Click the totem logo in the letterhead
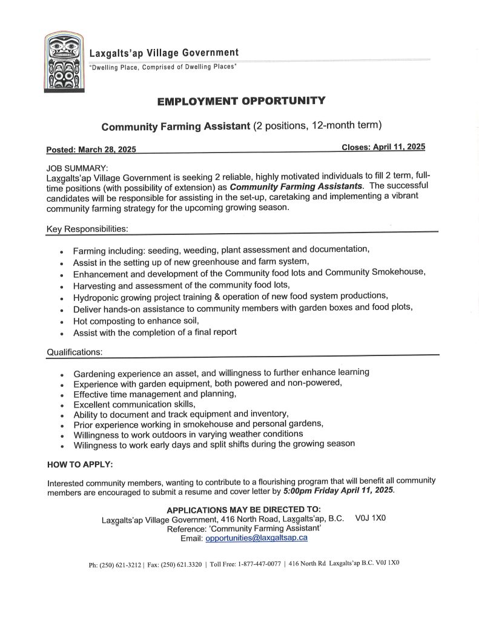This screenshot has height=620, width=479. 64,62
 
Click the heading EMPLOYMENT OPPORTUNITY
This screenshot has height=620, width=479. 241,101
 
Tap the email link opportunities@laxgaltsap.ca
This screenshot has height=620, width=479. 256,538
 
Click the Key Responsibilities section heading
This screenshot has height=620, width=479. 87,229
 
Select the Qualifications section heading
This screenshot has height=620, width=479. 74,352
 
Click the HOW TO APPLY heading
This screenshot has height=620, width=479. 80,464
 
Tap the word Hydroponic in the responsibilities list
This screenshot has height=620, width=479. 96,297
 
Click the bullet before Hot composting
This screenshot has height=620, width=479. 62,322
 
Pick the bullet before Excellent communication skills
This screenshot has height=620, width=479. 62,405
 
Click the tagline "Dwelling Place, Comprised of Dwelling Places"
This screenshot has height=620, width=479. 162,67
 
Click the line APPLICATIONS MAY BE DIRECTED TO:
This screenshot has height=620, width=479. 243,509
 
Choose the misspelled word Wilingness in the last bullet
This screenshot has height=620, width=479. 96,444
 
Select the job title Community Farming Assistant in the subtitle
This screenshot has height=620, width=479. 176,127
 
